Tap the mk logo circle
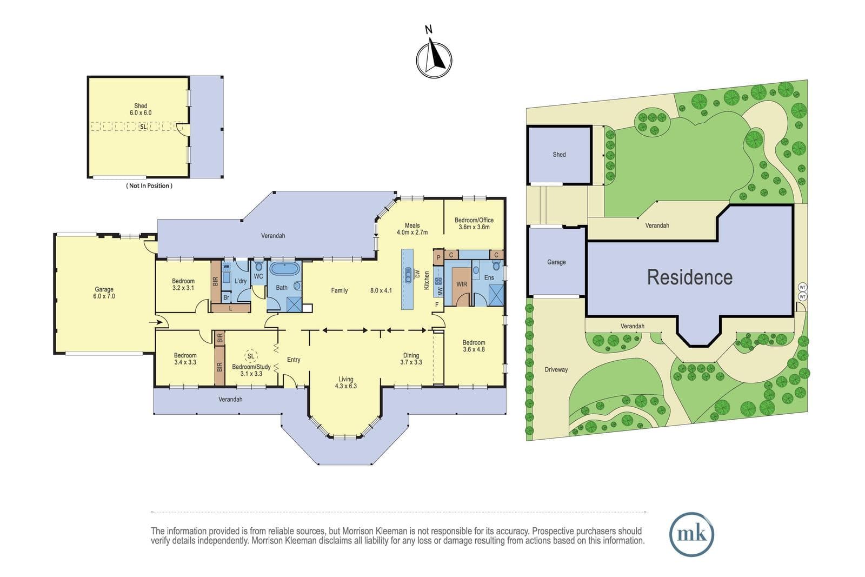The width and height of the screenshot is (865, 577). click(691, 534)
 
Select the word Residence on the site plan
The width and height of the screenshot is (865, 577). click(690, 277)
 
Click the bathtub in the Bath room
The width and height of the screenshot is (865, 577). click(284, 268)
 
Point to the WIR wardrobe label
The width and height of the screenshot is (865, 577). click(462, 284)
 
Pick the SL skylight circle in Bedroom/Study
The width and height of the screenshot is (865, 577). click(251, 356)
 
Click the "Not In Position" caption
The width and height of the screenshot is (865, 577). click(149, 186)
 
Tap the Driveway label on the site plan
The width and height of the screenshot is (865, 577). click(556, 369)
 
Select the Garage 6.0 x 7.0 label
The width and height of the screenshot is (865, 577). click(104, 293)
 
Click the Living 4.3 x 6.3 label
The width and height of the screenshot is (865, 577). click(345, 382)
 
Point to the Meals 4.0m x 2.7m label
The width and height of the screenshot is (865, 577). click(412, 229)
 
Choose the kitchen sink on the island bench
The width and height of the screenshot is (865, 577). click(408, 275)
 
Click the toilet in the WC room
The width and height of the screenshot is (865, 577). click(259, 266)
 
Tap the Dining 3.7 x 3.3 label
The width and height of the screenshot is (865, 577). click(411, 359)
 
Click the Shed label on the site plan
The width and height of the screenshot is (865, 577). click(559, 155)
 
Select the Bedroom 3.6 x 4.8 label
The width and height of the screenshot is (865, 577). click(474, 346)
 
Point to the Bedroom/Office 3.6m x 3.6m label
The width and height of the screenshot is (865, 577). click(474, 224)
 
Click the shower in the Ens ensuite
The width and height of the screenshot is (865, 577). click(496, 295)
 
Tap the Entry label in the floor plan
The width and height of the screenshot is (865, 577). click(294, 360)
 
